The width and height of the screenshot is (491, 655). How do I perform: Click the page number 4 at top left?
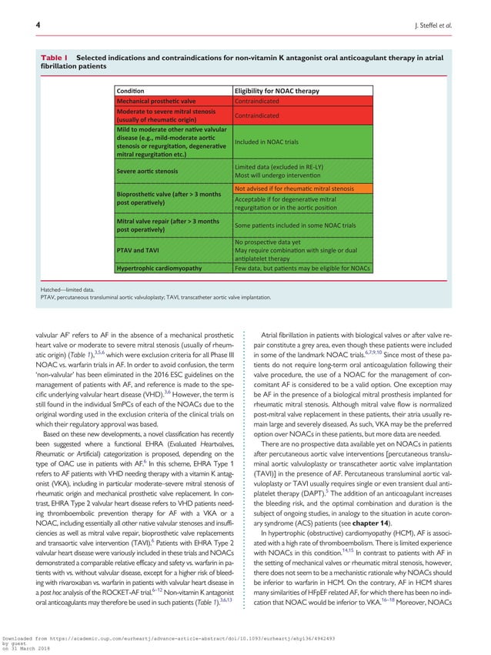[38, 25]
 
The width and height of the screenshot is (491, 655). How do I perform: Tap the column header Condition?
[132, 92]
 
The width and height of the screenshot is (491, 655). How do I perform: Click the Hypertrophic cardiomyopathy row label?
[159, 268]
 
